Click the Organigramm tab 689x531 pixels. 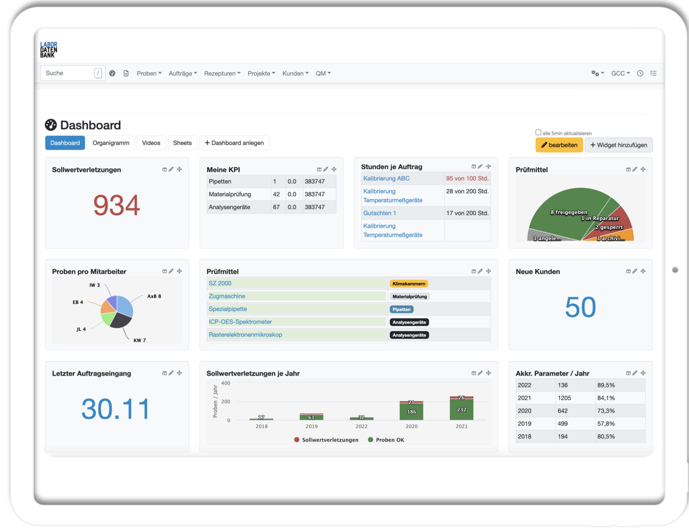point(111,143)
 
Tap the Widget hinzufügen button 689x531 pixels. point(619,145)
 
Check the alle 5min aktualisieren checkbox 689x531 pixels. point(538,132)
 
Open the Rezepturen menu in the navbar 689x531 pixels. point(222,73)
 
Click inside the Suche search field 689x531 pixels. point(69,73)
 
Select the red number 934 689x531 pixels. point(116,205)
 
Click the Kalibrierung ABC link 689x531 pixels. point(386,179)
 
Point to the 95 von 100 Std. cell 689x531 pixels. point(467,179)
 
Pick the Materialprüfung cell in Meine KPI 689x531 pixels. point(230,194)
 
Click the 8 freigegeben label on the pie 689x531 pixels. point(568,212)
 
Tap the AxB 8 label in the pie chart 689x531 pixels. point(154,296)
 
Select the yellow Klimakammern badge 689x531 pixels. point(409,284)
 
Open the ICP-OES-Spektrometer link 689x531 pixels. point(240,322)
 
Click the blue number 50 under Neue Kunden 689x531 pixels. point(580,307)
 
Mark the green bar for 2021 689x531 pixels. point(461,409)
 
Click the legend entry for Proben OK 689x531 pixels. point(389,440)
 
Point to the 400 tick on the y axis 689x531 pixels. point(226,383)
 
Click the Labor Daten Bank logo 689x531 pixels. point(48,50)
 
